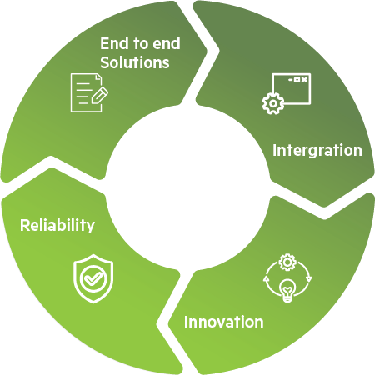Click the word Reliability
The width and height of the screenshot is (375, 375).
point(57,225)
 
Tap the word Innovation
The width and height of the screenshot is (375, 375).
point(223,322)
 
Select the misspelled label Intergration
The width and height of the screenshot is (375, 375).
point(317,151)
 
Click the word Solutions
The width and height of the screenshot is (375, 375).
point(135,62)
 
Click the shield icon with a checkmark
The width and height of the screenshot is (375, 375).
point(93,278)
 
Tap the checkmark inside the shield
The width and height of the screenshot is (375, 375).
point(93,278)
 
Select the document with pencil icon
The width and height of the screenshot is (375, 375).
point(89,92)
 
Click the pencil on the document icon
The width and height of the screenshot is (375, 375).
point(99,96)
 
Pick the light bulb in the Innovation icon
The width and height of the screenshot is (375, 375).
point(287,290)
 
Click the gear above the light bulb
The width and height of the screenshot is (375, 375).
point(287,262)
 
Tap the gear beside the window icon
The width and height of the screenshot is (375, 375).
point(272,104)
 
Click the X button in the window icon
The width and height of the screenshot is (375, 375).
point(305,80)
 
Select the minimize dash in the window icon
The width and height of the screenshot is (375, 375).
point(291,80)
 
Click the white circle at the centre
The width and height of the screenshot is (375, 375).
point(187,187)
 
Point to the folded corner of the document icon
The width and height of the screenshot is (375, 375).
point(98,77)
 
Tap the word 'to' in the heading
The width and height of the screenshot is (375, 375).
point(141,44)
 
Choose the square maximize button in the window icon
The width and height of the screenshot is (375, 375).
point(297,80)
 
